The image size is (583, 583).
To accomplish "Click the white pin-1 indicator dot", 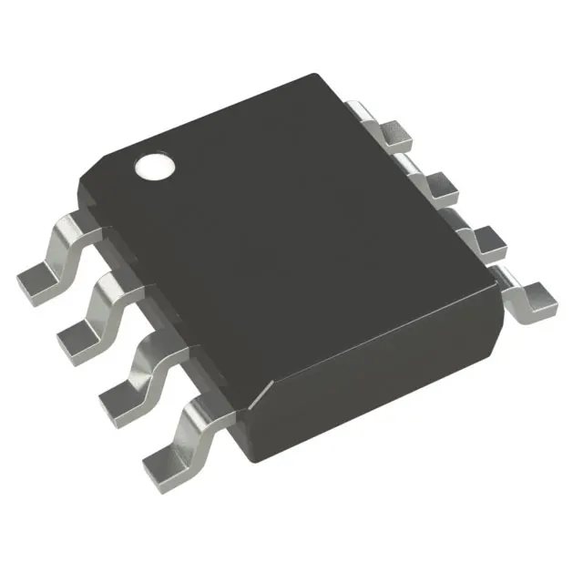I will [x=155, y=167].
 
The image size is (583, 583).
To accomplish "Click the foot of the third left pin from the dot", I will [x=119, y=393].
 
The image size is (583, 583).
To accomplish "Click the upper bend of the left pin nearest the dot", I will [x=75, y=223].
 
